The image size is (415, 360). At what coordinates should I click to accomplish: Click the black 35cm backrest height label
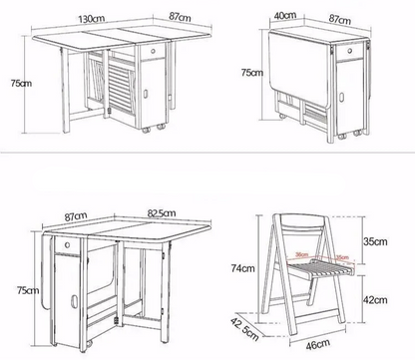click(374, 240)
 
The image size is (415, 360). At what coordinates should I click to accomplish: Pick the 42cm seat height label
click(374, 298)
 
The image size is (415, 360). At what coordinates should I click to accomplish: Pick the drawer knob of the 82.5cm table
click(68, 243)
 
